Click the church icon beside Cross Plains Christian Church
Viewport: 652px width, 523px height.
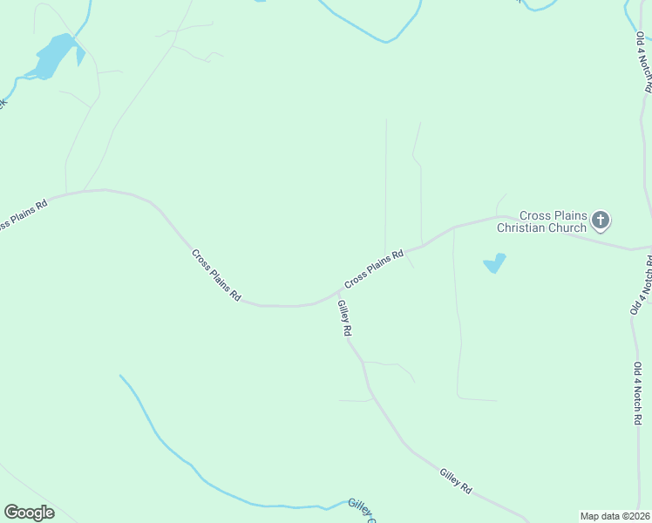click(x=600, y=221)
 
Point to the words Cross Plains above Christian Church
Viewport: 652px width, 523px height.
click(x=552, y=215)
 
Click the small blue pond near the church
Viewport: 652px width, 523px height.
click(x=494, y=262)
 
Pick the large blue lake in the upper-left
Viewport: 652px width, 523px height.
click(x=55, y=57)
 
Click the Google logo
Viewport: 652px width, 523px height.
click(x=29, y=513)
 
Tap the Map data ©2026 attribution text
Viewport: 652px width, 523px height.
click(x=615, y=516)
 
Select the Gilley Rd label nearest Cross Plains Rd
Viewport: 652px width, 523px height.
click(x=345, y=318)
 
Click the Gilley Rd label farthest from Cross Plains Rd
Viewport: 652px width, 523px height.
click(x=456, y=481)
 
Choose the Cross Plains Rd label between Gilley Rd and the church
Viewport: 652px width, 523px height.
click(x=374, y=269)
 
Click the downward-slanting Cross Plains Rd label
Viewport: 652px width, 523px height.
click(x=216, y=275)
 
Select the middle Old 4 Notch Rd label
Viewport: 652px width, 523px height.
click(x=641, y=283)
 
